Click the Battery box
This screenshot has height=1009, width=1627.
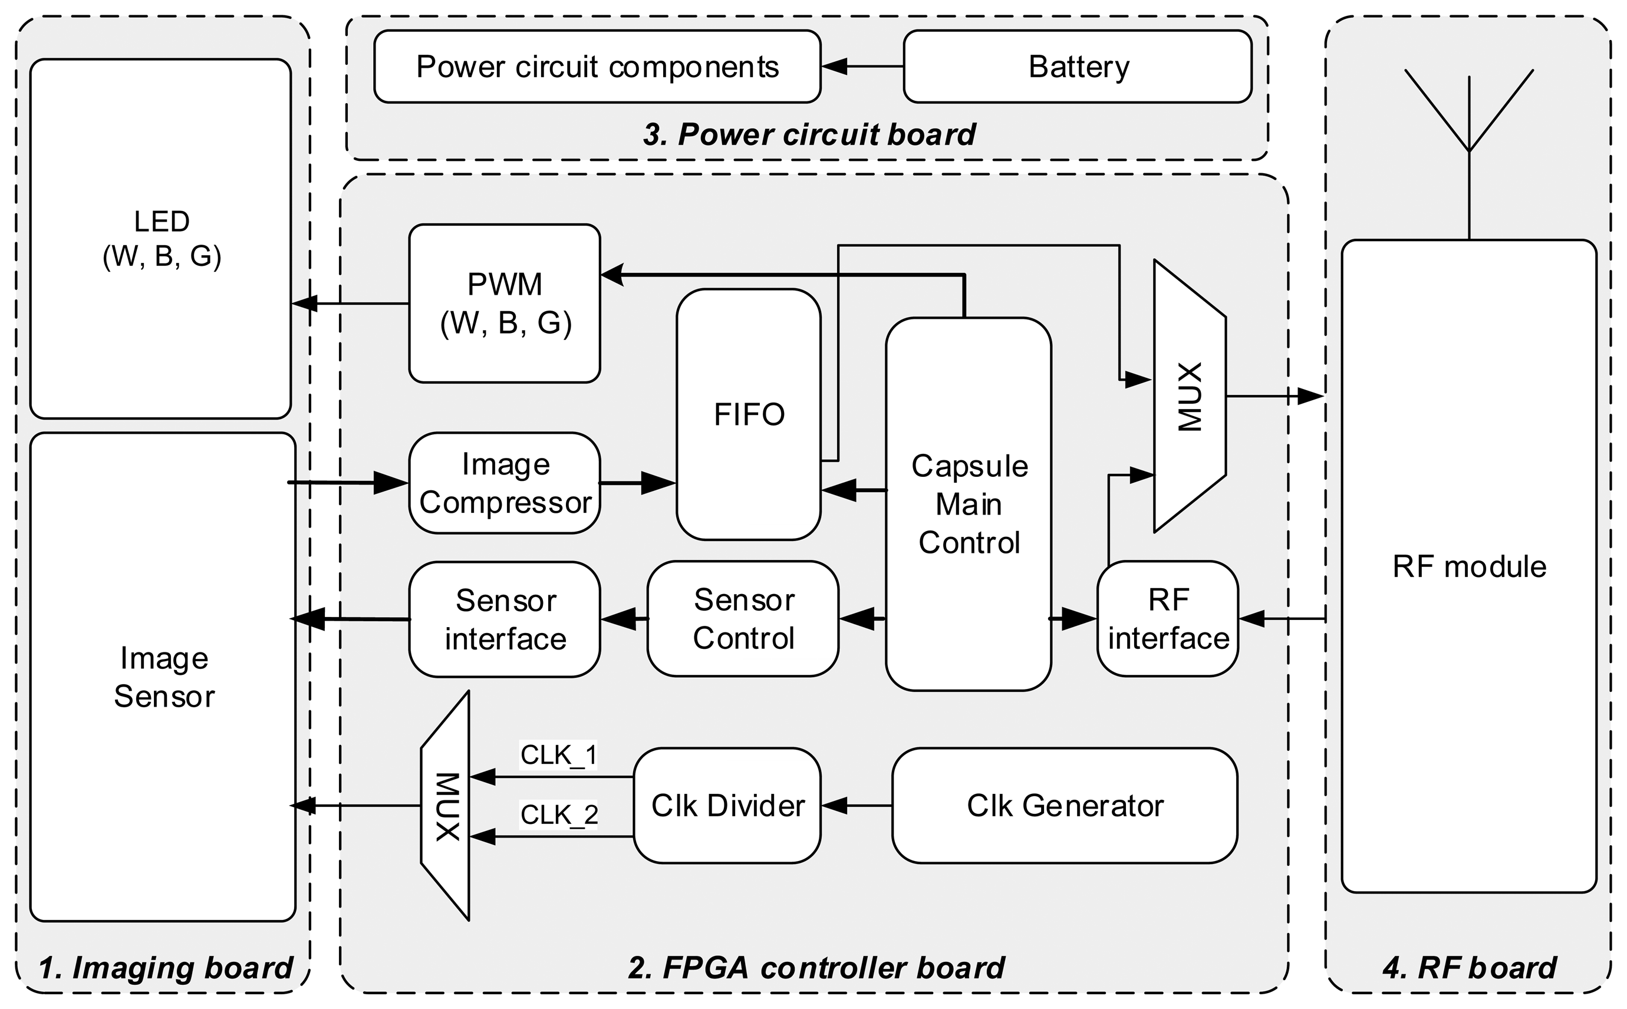(1076, 67)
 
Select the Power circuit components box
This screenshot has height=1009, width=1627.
(597, 67)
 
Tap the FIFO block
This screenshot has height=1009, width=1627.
(748, 414)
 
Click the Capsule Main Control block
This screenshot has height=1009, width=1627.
(968, 504)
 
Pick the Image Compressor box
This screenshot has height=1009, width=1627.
(505, 483)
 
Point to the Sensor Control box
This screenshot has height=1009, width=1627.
(743, 619)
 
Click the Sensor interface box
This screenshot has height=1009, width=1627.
(505, 619)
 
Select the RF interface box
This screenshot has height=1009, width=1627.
(1167, 619)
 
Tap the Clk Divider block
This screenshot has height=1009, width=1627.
(727, 806)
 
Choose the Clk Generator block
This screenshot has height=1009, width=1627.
(1065, 806)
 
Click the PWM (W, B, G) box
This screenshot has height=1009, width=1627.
(505, 304)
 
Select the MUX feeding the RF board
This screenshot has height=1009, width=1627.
(1189, 397)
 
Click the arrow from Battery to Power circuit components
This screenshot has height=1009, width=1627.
(861, 67)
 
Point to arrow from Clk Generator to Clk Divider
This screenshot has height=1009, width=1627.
(855, 806)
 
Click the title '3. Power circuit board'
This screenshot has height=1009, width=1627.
(808, 134)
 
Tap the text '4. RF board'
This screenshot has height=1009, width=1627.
(1468, 968)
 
